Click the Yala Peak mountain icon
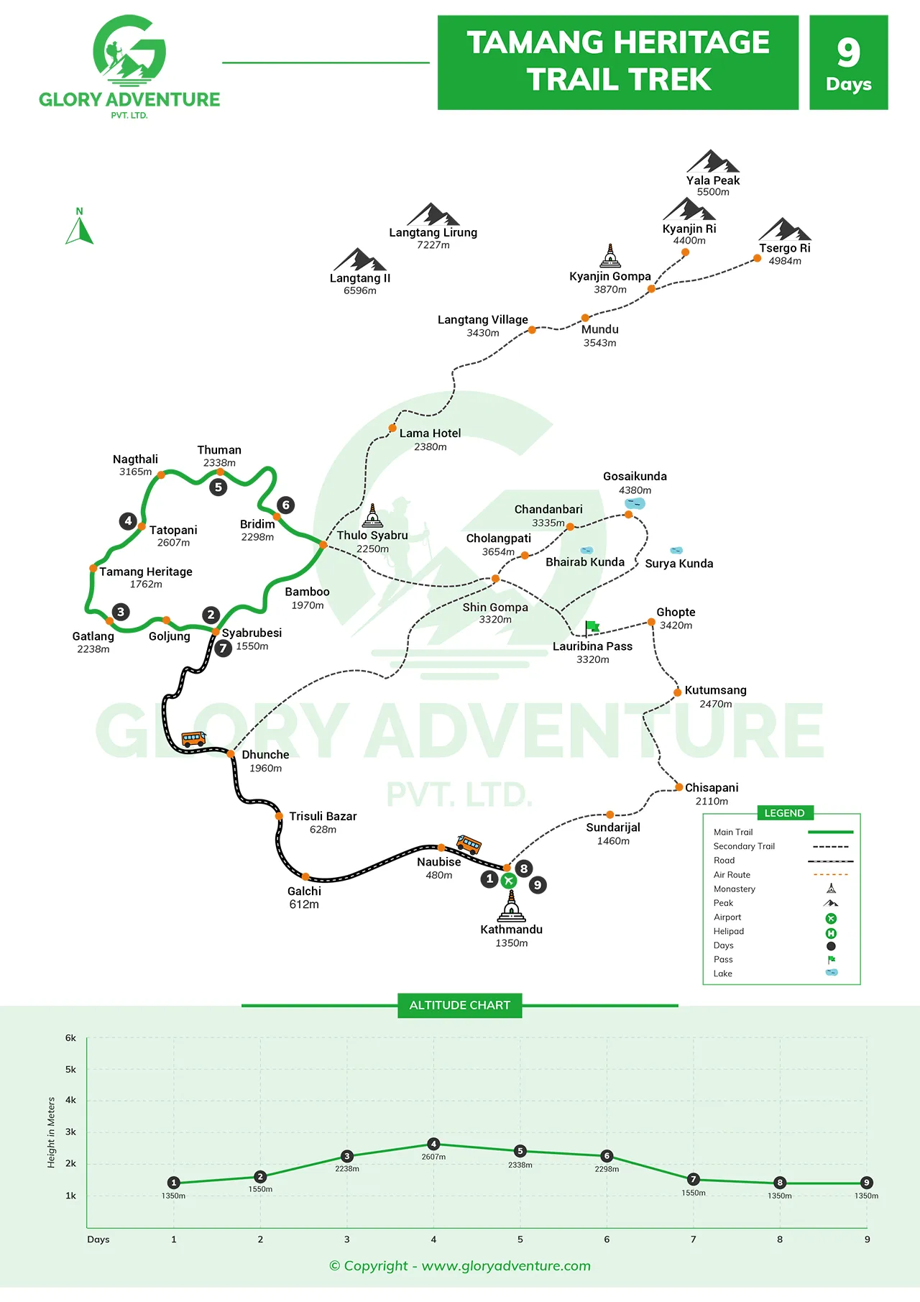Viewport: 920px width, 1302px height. pos(712,162)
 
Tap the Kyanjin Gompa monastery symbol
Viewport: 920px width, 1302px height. pos(610,256)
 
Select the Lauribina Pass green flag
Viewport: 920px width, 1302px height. pos(592,628)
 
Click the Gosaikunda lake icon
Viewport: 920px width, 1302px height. pos(635,503)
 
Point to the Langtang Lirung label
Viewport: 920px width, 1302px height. pos(433,232)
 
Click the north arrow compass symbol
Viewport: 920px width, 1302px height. pos(80,229)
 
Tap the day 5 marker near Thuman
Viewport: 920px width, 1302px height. pos(218,487)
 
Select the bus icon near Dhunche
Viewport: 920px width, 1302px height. pos(193,738)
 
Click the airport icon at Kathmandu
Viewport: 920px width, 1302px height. pos(509,881)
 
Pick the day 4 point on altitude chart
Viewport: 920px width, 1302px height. pos(433,1144)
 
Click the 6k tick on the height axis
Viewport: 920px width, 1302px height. pos(70,1037)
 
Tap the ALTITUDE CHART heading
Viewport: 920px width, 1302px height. pos(460,1005)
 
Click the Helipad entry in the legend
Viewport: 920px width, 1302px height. pos(729,931)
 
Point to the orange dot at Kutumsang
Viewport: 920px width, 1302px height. pos(677,692)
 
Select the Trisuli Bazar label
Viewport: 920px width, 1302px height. pos(323,816)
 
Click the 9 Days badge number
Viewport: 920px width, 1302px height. pos(849,52)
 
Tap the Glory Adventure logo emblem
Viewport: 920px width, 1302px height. pos(129,50)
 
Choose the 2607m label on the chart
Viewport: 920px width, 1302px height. pos(433,1157)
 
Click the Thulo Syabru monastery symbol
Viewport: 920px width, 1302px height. pos(372,515)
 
